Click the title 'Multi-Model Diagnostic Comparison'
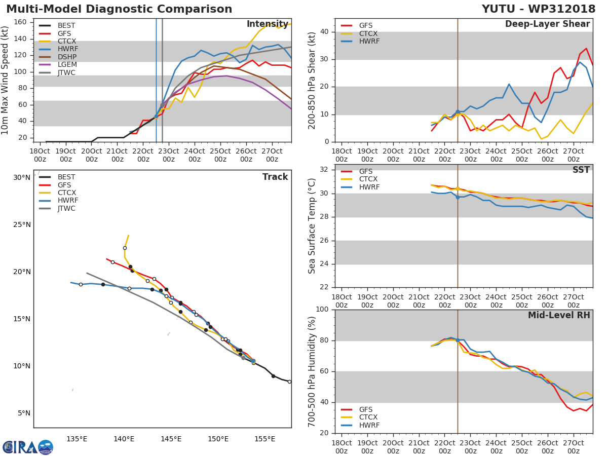point(119,9)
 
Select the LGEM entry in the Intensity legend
point(66,65)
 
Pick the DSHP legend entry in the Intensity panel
point(66,57)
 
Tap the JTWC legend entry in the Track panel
point(66,209)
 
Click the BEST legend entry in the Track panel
point(66,177)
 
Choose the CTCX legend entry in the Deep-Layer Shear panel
point(369,33)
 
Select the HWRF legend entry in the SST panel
point(369,187)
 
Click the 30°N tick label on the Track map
point(22,178)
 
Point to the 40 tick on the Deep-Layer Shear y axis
point(324,32)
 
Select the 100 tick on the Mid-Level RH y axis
point(322,310)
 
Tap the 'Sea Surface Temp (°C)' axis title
point(313,226)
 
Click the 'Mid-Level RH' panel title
point(559,315)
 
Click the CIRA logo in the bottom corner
point(26,447)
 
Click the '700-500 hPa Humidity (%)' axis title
point(313,371)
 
